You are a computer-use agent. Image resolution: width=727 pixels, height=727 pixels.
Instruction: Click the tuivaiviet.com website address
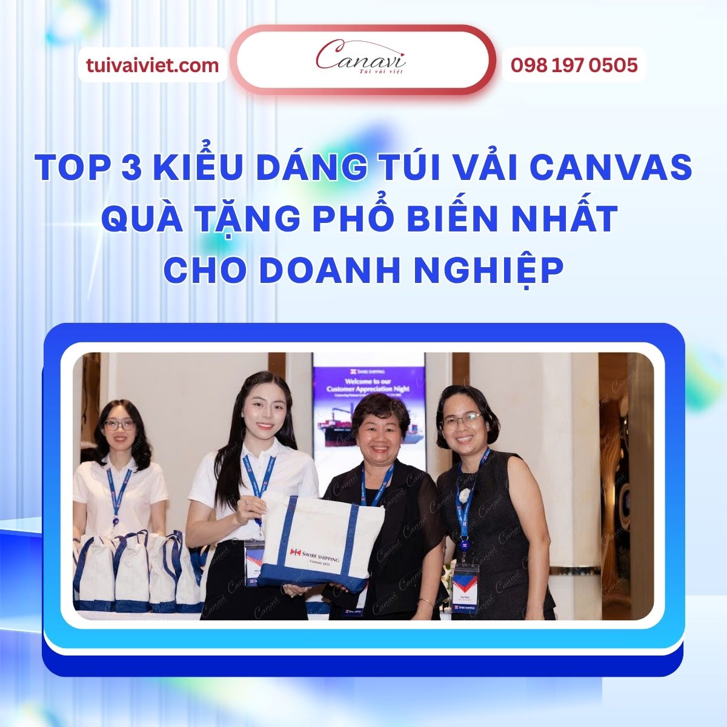[x=152, y=65]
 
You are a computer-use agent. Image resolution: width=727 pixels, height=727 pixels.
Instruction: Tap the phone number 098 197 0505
[x=574, y=65]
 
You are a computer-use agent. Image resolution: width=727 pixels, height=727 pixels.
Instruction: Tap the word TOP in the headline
[x=70, y=167]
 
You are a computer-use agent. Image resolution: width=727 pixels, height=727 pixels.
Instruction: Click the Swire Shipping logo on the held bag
[x=315, y=556]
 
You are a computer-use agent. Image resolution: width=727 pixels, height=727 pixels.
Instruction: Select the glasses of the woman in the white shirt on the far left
[x=119, y=425]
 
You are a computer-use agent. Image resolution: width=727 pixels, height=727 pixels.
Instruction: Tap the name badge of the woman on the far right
[x=465, y=579]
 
